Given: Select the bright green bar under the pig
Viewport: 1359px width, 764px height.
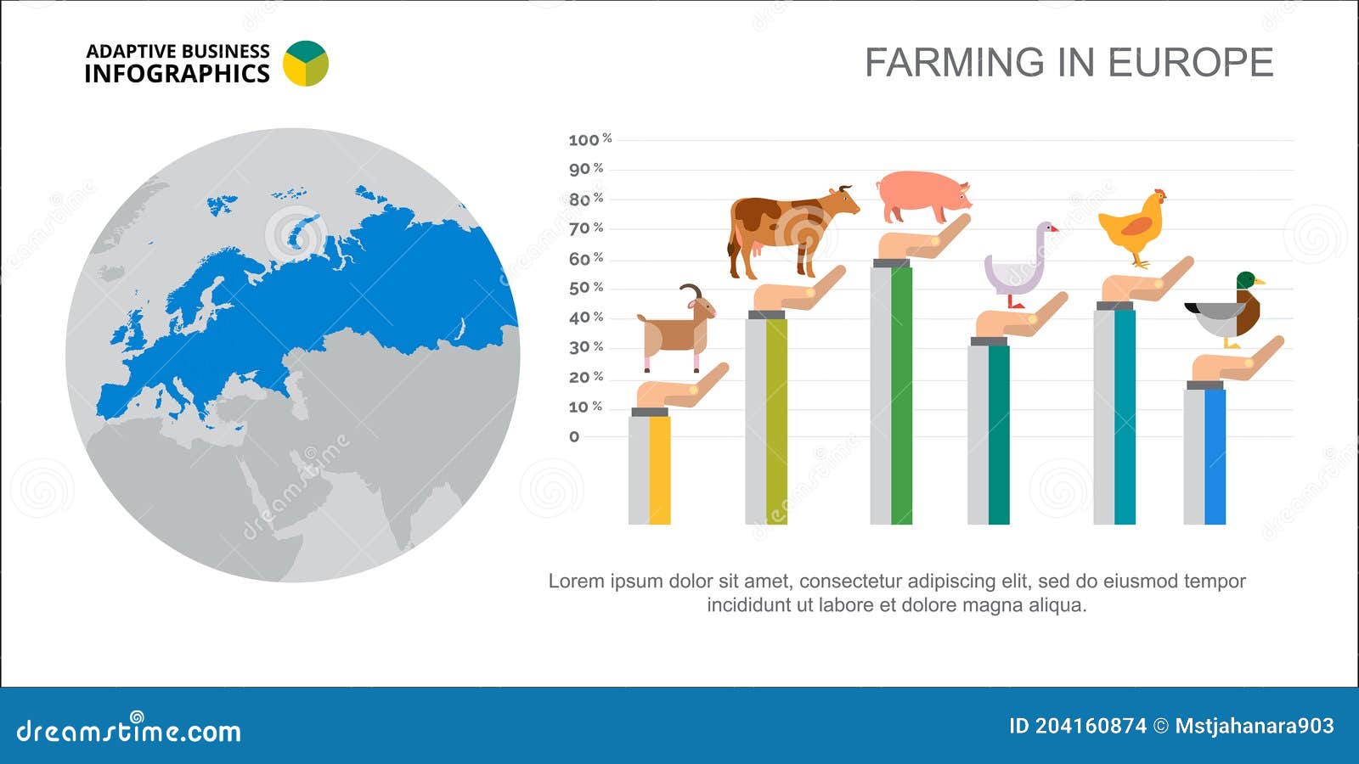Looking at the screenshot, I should (x=901, y=395).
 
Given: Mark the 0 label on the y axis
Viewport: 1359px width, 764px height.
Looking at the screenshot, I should (x=574, y=437).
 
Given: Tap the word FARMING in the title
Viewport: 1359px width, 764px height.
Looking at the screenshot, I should (x=955, y=63).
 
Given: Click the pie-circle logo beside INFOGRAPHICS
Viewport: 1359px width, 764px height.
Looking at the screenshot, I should (x=305, y=64).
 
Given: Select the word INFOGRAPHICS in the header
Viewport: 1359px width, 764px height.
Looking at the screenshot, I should (x=177, y=75).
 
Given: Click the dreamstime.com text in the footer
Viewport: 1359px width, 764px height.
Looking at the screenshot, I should (x=129, y=731).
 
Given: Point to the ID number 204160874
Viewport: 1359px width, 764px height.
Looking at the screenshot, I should (x=1090, y=727).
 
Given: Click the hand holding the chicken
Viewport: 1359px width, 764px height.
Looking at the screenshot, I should (x=1147, y=285).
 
